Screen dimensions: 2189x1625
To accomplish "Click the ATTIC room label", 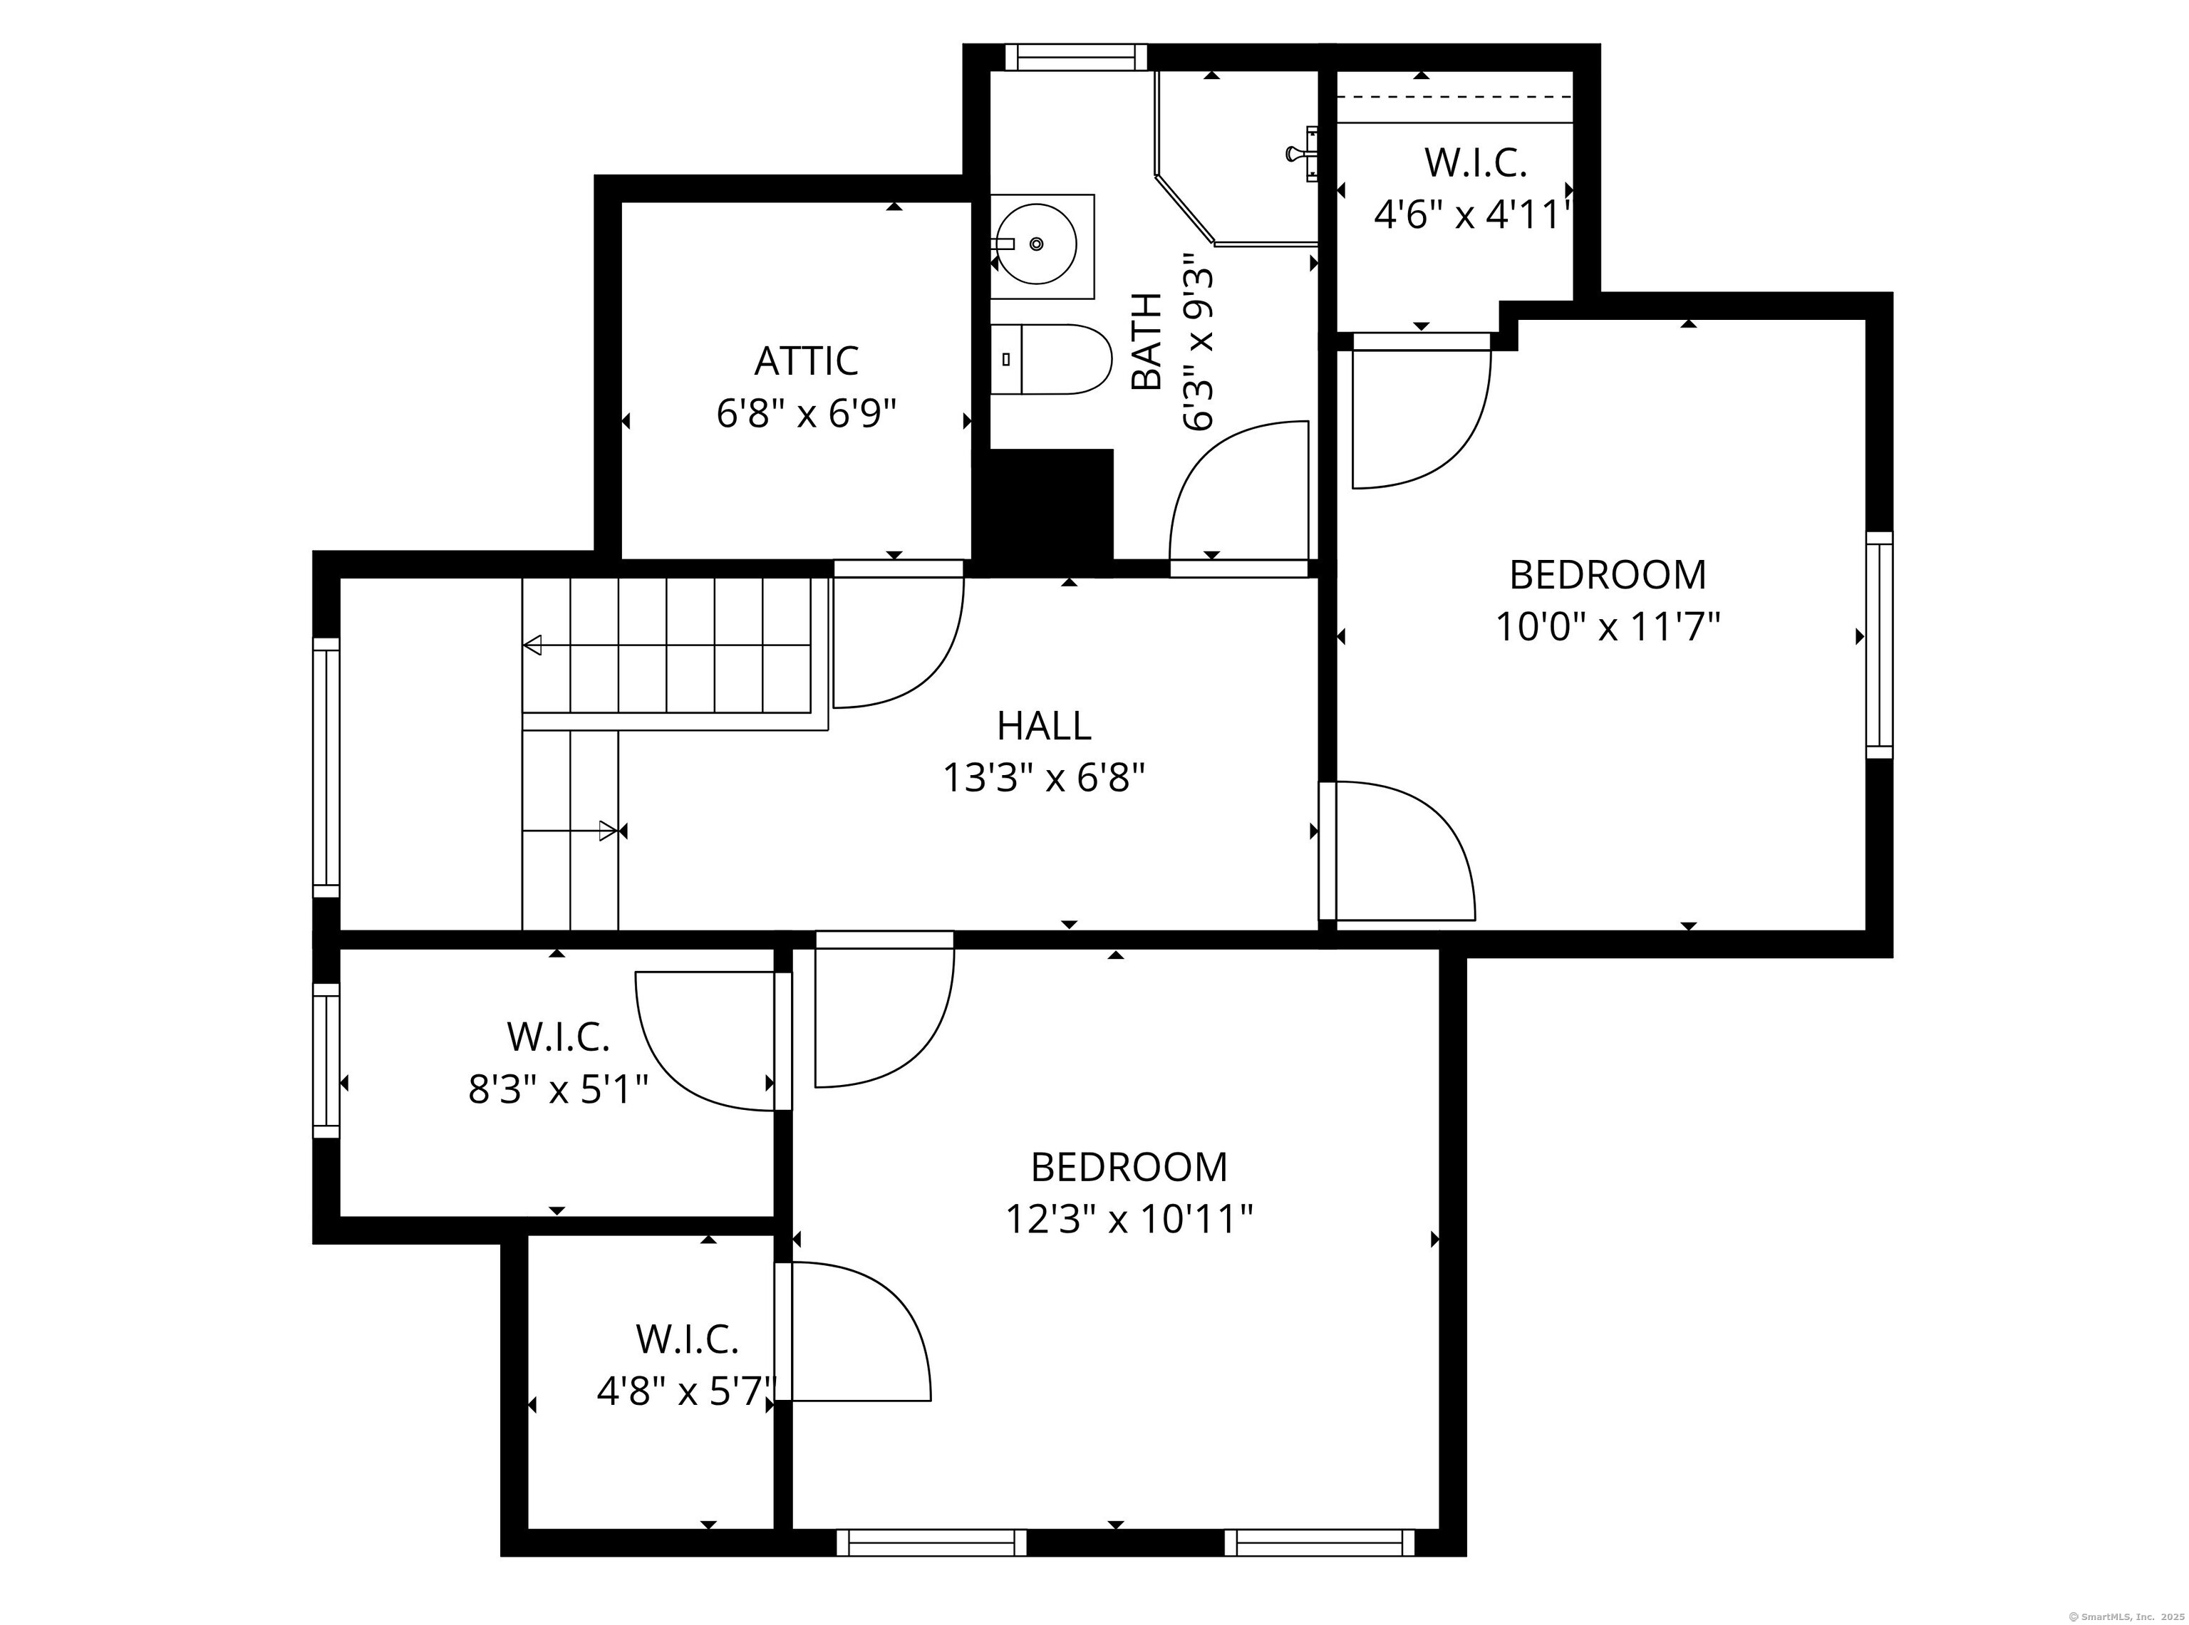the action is click(x=806, y=361).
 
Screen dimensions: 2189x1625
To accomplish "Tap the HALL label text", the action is click(x=1044, y=726).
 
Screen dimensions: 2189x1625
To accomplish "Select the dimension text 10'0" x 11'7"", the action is click(x=1608, y=627).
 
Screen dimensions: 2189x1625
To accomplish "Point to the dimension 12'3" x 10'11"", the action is click(x=1129, y=1220).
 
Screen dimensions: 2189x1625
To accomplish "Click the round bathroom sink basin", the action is click(x=1035, y=243).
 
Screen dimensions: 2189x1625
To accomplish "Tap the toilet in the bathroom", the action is click(x=1050, y=359).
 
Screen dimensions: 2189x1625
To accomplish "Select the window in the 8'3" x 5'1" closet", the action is click(x=326, y=1060).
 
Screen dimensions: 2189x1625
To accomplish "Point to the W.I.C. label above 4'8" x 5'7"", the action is click(x=687, y=1339).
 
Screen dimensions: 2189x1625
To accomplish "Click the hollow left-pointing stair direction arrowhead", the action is click(x=532, y=645).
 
